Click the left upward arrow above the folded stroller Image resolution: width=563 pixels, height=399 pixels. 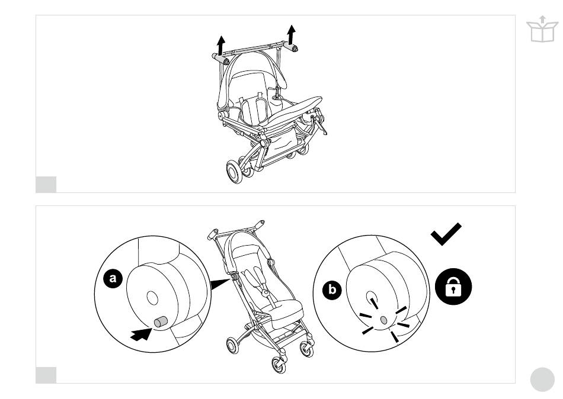tap(221, 45)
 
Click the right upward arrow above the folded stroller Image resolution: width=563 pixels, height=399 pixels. tap(291, 34)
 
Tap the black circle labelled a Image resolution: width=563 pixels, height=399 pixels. tap(113, 278)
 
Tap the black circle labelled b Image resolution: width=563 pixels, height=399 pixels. tap(332, 289)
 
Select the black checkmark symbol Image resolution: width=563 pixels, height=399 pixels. tap(446, 234)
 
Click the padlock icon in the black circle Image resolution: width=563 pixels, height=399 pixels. tap(453, 287)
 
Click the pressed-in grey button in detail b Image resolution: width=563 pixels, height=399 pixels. tap(383, 320)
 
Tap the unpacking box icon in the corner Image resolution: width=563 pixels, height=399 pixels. tap(542, 29)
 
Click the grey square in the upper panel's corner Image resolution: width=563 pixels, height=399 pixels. tap(46, 185)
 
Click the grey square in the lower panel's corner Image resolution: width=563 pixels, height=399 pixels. tap(46, 375)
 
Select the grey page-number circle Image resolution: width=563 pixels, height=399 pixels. tap(542, 379)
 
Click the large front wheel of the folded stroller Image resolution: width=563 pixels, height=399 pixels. tap(235, 172)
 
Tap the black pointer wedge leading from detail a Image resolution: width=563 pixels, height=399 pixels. tap(219, 284)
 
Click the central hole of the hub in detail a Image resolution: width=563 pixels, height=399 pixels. tap(152, 298)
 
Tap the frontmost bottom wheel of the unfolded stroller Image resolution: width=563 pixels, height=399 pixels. tap(279, 365)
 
